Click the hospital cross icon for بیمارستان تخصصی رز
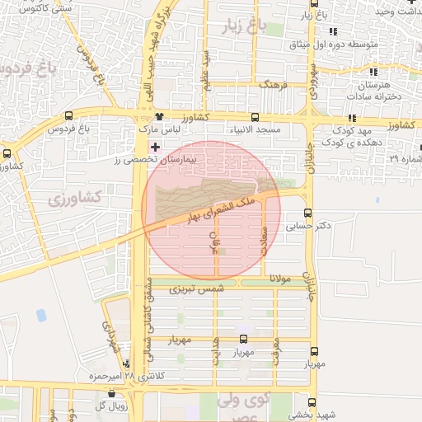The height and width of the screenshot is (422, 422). click(x=155, y=147)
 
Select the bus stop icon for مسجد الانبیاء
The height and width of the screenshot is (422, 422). click(x=255, y=117)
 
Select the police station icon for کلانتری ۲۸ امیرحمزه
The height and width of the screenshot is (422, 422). click(x=126, y=363)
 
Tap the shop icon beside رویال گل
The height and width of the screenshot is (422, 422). click(x=111, y=394)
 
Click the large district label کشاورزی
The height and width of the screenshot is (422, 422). click(x=74, y=198)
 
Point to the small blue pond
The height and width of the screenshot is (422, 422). click(x=41, y=315)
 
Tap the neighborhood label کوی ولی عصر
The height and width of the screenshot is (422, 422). click(x=248, y=406)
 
